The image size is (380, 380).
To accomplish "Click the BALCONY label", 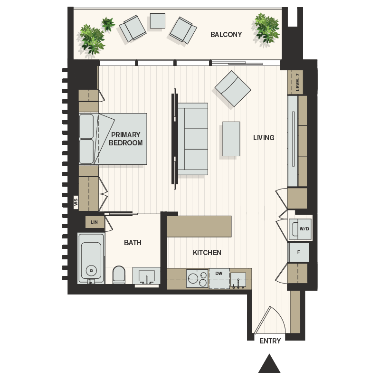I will pyautogui.click(x=226, y=35).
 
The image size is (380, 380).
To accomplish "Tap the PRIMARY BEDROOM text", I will pyautogui.click(x=126, y=139).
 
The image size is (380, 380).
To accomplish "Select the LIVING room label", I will pyautogui.click(x=264, y=138).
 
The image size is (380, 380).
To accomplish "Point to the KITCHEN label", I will pyautogui.click(x=207, y=253).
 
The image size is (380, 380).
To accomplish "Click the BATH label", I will pyautogui.click(x=133, y=243).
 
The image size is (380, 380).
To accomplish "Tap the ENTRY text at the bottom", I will pyautogui.click(x=270, y=341).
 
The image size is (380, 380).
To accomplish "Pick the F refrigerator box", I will pyautogui.click(x=299, y=252).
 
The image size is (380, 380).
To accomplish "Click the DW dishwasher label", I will pyautogui.click(x=219, y=274).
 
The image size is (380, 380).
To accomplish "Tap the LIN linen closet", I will pyautogui.click(x=94, y=222).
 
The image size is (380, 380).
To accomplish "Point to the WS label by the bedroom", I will pyautogui.click(x=76, y=202).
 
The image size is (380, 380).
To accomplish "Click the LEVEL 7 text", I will pyautogui.click(x=298, y=82).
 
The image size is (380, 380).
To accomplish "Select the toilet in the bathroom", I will pyautogui.click(x=119, y=275).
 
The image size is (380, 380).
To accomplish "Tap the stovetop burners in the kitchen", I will pyautogui.click(x=196, y=278).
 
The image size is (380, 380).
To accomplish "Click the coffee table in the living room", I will pyautogui.click(x=231, y=139).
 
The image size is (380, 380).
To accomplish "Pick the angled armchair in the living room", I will pyautogui.click(x=233, y=89).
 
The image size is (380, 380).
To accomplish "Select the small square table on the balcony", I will pyautogui.click(x=157, y=20).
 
